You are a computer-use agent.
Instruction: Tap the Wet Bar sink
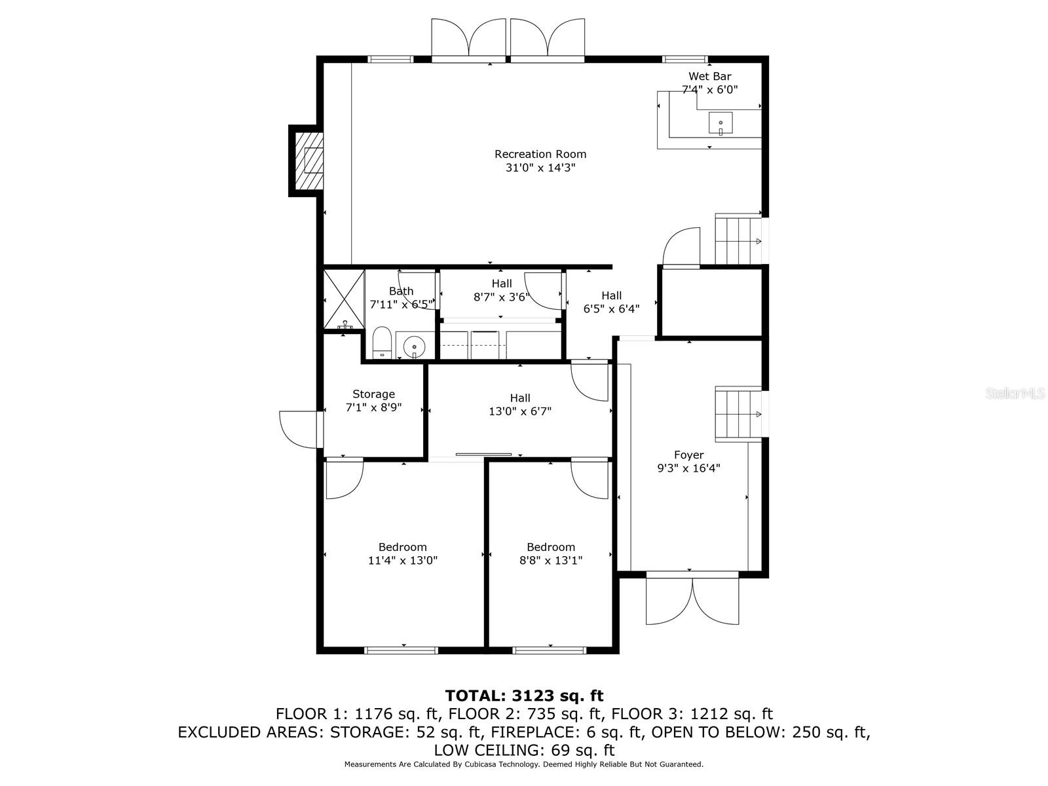click(x=720, y=123)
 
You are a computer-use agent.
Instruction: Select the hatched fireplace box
click(x=309, y=160)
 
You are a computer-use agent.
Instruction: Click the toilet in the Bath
click(x=382, y=344)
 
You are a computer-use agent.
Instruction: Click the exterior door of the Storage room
click(x=299, y=429)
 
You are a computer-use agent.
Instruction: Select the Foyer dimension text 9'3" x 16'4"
click(x=688, y=468)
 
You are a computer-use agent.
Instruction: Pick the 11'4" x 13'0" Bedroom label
click(x=402, y=553)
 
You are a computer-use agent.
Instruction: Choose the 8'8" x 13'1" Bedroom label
click(x=551, y=553)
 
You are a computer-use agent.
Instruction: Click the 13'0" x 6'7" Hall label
click(x=520, y=404)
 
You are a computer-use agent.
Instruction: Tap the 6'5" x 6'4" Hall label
click(x=611, y=302)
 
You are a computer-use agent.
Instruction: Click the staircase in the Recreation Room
click(x=738, y=240)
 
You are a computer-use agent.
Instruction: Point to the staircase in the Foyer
click(x=738, y=414)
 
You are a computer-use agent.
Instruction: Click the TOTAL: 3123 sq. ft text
click(x=524, y=696)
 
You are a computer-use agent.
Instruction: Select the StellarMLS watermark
click(x=1015, y=394)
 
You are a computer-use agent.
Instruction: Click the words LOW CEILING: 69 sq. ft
click(x=524, y=750)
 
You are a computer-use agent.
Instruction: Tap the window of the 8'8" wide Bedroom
click(x=549, y=650)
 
